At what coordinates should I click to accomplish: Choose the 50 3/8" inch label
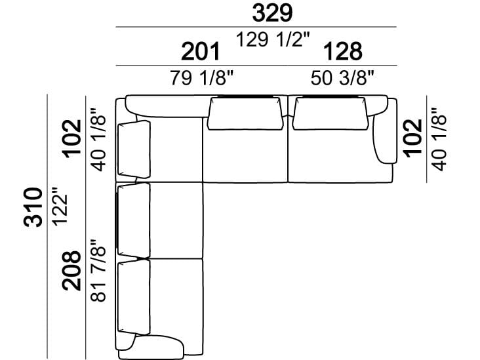(342, 79)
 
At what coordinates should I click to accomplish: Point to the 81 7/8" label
(98, 270)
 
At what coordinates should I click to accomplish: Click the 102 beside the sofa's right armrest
(412, 136)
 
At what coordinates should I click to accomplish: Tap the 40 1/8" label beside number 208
(98, 139)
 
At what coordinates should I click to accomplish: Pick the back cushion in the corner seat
(134, 148)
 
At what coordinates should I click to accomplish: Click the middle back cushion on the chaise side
(133, 220)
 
